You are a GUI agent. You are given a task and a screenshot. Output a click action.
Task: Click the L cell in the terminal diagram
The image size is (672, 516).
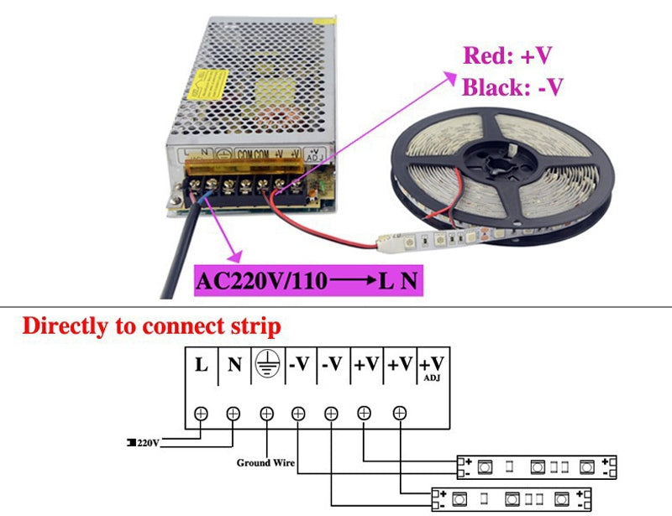tap(202, 366)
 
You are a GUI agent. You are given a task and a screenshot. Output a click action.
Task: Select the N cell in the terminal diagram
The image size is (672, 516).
tap(234, 366)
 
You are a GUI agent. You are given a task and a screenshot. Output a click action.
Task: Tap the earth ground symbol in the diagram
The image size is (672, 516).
tap(266, 365)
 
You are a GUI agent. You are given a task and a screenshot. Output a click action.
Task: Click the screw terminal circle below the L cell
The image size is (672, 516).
tap(202, 413)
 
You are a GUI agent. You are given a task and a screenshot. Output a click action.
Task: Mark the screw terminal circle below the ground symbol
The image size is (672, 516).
tap(266, 413)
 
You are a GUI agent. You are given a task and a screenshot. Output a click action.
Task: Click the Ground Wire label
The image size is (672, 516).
tap(265, 462)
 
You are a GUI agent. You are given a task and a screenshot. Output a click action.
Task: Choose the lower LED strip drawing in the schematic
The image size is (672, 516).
tap(512, 499)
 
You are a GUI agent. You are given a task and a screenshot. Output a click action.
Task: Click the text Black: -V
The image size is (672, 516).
tap(512, 86)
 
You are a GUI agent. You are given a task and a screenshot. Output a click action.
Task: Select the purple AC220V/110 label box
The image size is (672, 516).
tap(307, 279)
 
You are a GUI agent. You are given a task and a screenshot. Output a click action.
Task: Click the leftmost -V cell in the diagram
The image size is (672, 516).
tap(300, 366)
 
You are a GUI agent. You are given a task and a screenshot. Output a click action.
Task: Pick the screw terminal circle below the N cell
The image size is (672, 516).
tap(234, 413)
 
